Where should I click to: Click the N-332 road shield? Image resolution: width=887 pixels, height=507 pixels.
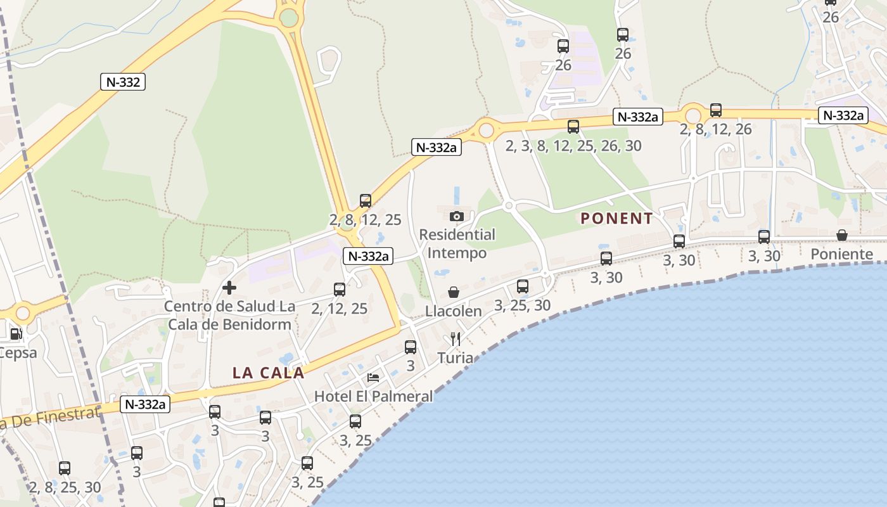[x=123, y=82]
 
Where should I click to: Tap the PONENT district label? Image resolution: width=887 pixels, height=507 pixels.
[x=616, y=219]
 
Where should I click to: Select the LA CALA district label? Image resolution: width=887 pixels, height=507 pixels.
[x=269, y=373]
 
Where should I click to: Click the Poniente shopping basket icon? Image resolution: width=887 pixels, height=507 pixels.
[x=842, y=236]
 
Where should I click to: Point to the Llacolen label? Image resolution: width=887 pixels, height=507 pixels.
[x=454, y=311]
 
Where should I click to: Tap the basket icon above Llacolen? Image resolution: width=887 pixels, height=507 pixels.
[x=454, y=292]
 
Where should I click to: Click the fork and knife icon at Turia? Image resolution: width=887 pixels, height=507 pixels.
[x=455, y=339]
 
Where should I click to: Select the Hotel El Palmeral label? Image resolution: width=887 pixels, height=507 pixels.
[x=374, y=396]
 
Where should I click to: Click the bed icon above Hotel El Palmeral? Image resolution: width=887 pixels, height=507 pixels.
[x=374, y=378]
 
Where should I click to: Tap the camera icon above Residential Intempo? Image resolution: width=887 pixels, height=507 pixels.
[x=457, y=217]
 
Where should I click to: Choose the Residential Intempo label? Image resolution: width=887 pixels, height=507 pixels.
[x=457, y=244]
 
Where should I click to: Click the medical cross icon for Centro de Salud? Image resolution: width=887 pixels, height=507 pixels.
[x=229, y=288]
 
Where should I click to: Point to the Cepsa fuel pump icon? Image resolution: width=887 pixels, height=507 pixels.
[x=15, y=334]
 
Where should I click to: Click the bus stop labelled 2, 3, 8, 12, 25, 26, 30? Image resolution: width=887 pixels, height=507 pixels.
[x=573, y=127]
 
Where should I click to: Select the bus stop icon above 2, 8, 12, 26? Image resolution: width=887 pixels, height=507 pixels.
[x=716, y=110]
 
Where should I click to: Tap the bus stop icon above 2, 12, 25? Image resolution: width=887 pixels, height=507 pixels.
[x=340, y=290]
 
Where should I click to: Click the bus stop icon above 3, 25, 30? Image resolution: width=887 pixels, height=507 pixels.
[x=523, y=286]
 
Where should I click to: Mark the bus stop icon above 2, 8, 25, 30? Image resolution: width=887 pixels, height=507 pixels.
[x=65, y=468]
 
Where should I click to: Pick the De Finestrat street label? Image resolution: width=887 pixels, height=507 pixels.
[x=51, y=418]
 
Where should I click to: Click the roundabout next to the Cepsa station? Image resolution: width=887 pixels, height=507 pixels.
[x=23, y=312]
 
